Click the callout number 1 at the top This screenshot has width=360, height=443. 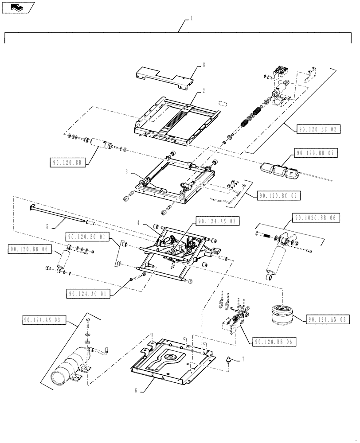[192, 19]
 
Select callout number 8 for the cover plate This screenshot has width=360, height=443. [204, 65]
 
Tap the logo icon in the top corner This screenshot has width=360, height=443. [17, 7]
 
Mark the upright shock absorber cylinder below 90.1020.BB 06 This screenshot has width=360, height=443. [278, 260]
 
